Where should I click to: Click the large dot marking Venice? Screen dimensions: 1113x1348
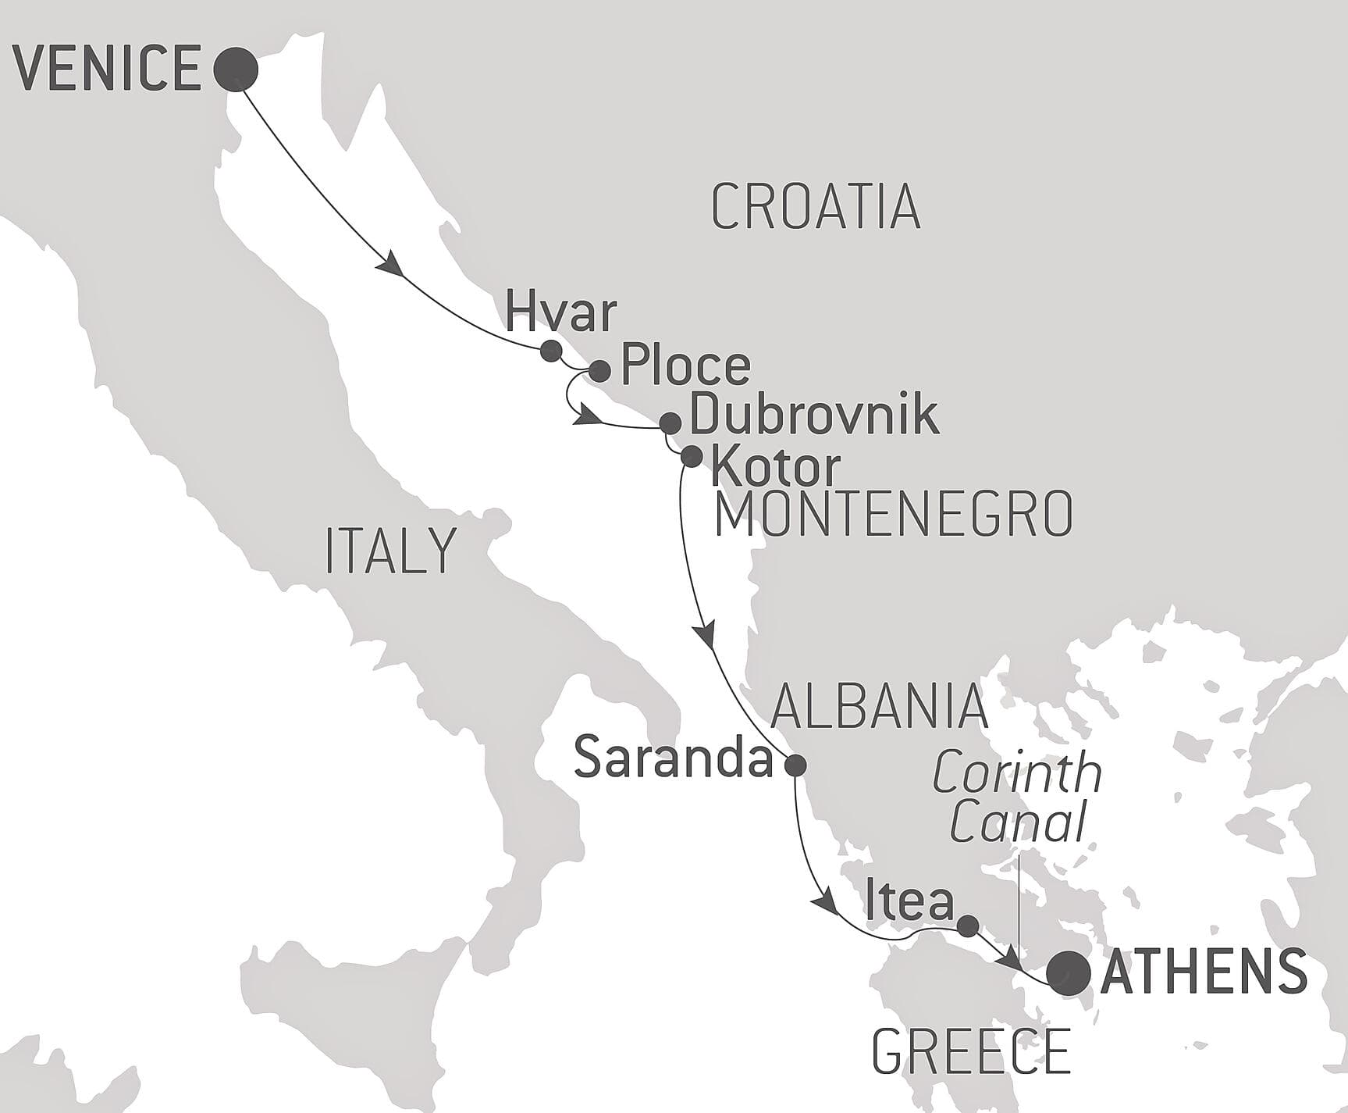pyautogui.click(x=236, y=70)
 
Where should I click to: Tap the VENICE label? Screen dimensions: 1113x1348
pyautogui.click(x=108, y=69)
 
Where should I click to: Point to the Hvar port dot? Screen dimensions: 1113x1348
pyautogui.click(x=551, y=350)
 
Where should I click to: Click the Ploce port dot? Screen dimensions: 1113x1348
pyautogui.click(x=599, y=370)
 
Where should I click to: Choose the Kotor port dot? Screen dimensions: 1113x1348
pyautogui.click(x=692, y=456)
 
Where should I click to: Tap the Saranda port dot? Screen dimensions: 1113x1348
pyautogui.click(x=795, y=765)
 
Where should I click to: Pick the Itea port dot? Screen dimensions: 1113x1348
pyautogui.click(x=967, y=926)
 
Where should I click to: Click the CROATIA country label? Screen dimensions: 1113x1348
pyautogui.click(x=816, y=208)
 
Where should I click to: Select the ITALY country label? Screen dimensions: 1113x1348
pyautogui.click(x=390, y=551)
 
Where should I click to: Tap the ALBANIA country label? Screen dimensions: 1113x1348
pyautogui.click(x=879, y=705)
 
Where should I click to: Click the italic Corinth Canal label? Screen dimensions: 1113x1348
pyautogui.click(x=1017, y=798)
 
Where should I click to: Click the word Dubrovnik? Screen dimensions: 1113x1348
pyautogui.click(x=814, y=414)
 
